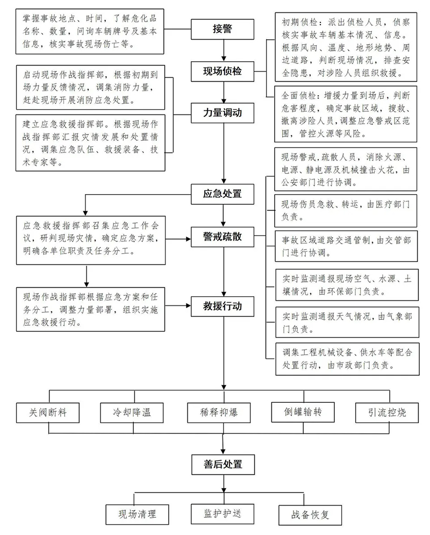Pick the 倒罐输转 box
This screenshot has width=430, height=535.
[x=303, y=412]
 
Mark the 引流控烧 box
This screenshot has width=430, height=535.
[x=387, y=412]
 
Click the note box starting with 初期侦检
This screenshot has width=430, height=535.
[x=343, y=47]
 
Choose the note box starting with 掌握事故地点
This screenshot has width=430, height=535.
[x=89, y=31]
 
